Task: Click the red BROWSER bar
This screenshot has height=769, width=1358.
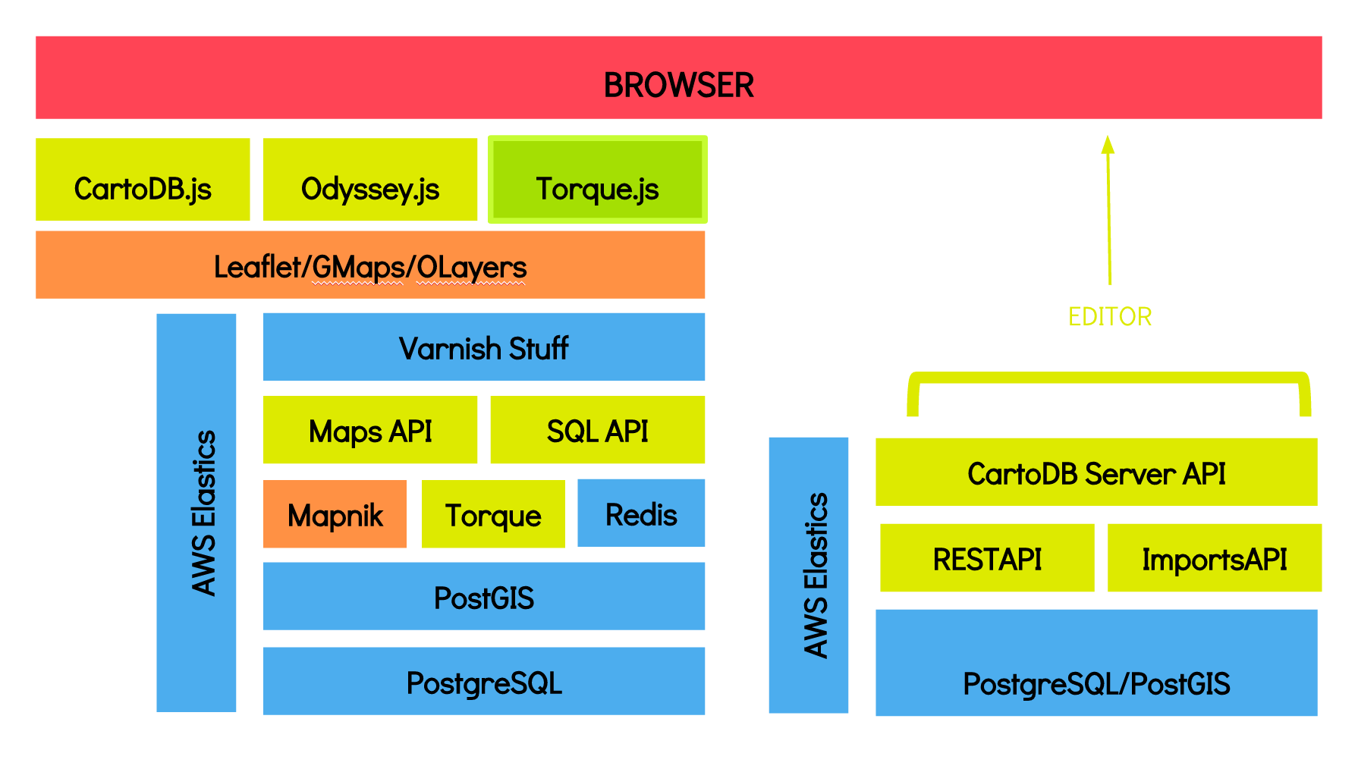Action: point(679,77)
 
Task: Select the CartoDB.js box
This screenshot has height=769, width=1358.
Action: point(143,180)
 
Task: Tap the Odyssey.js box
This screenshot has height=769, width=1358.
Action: point(370,180)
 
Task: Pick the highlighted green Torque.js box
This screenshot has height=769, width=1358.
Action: point(598,180)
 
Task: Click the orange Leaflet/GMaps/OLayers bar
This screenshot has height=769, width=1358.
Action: point(370,265)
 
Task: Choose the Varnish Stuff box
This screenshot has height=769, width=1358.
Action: point(484,347)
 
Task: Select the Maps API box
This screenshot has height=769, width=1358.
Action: point(370,429)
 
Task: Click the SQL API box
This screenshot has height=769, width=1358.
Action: point(598,429)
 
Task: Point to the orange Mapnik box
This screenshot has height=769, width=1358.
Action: point(335,513)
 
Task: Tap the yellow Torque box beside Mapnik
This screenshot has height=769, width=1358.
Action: point(493,513)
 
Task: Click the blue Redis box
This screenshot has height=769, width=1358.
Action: point(641,513)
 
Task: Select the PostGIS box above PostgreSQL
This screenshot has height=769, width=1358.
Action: point(484,596)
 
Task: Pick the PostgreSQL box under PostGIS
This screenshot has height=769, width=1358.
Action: point(484,681)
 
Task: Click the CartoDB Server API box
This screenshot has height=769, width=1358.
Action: point(1096,472)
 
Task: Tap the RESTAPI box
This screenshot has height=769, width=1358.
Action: point(987,557)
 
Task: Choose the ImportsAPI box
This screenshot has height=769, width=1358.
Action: point(1215,557)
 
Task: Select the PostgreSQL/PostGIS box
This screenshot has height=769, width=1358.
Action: point(1096,663)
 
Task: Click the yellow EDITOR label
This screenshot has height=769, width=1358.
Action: point(1110,316)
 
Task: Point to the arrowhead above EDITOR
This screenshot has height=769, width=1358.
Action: point(1108,144)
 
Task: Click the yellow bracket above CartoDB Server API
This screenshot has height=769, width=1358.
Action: point(1109,377)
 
